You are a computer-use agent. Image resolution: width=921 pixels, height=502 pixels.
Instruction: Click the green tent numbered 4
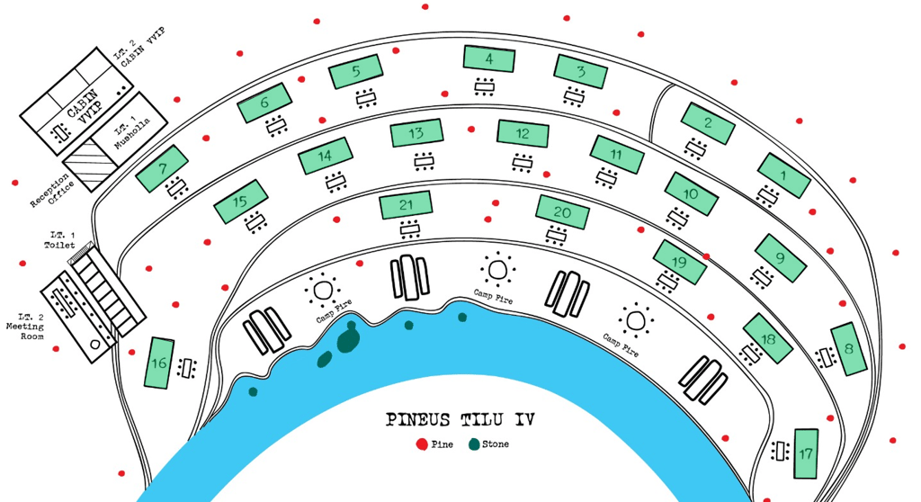[489, 58]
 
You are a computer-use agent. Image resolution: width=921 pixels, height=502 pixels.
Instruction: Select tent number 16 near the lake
[159, 363]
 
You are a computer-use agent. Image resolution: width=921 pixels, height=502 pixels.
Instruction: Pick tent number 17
[806, 453]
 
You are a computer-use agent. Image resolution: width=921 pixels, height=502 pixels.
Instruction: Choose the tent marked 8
[850, 348]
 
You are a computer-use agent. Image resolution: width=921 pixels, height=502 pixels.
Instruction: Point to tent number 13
[416, 134]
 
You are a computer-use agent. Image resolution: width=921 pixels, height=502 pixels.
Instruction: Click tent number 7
[162, 168]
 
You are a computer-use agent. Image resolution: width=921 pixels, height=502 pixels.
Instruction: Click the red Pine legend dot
[422, 444]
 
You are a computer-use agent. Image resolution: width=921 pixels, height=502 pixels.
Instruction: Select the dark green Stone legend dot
[473, 444]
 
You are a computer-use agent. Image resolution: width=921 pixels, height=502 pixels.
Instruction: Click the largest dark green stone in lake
[347, 341]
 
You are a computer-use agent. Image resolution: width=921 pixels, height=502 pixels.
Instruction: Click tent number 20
[562, 213]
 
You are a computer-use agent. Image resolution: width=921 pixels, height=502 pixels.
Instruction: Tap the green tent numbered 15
[241, 202]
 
